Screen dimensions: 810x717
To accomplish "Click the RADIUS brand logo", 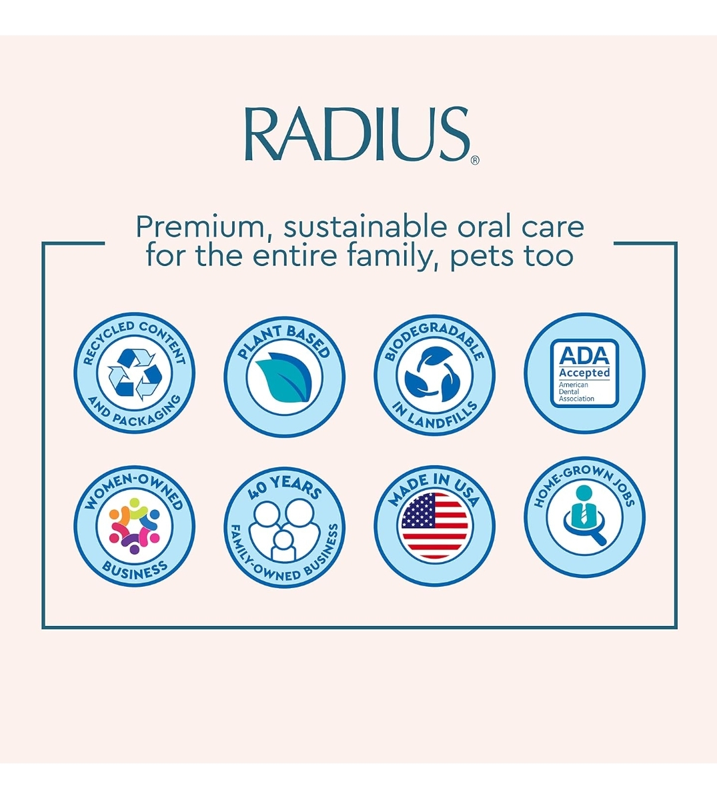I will (357, 135).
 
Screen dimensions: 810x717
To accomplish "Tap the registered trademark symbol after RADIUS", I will (475, 160).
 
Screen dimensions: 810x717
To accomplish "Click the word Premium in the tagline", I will (200, 227).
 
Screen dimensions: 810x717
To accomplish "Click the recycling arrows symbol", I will (135, 374).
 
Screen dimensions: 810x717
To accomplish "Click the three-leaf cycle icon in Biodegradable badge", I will (434, 376).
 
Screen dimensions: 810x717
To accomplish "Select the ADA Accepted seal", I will (584, 373).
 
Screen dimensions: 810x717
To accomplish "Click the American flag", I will (434, 526).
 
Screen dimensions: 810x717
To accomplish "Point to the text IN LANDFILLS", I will (435, 417).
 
